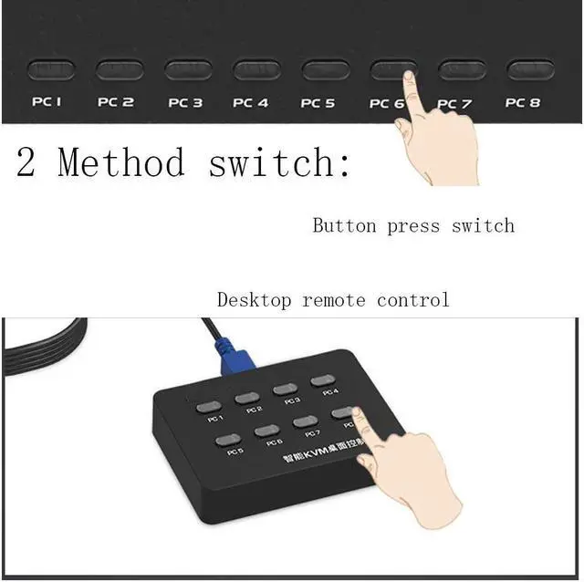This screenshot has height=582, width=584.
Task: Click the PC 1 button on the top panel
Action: point(51,69)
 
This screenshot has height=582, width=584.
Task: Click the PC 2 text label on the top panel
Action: point(116,103)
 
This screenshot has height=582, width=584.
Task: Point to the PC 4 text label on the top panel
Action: point(251,103)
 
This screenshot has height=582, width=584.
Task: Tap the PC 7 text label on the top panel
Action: point(454,104)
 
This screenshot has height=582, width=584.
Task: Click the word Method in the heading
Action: point(120,162)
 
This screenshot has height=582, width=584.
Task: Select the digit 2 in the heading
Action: point(26,162)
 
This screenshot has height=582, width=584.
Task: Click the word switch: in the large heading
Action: point(279,162)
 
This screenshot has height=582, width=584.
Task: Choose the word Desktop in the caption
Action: point(255,299)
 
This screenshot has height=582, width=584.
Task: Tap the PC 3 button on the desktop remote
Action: point(286,389)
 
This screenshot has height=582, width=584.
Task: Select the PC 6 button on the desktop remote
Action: point(266,431)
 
